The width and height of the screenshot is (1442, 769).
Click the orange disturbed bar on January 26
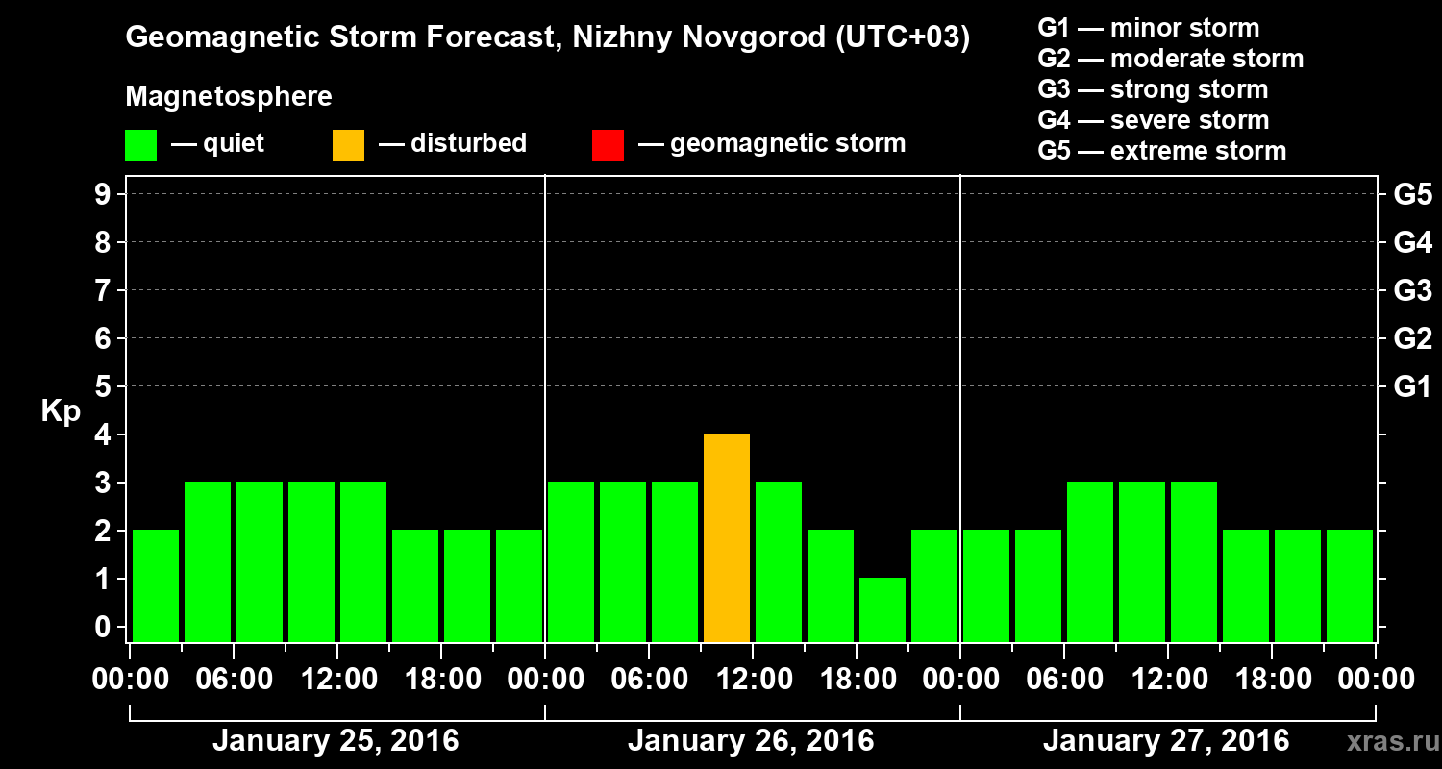click(727, 537)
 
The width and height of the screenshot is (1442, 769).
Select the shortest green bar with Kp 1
click(883, 609)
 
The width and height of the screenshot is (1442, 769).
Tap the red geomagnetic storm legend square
click(608, 144)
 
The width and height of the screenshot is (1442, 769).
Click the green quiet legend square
click(140, 144)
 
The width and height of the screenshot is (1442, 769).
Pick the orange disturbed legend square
click(348, 144)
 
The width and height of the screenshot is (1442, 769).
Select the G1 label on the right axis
click(1412, 386)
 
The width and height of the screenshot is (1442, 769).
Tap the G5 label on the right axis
click(1412, 194)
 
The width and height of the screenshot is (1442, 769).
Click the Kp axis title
click(61, 411)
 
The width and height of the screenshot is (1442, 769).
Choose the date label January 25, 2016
click(336, 741)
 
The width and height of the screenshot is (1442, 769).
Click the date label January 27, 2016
click(1166, 741)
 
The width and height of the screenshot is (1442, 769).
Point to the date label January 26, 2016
click(751, 741)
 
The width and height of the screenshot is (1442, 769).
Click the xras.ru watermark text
click(1387, 742)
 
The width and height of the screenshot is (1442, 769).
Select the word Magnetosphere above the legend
click(229, 97)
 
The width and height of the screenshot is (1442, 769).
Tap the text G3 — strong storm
click(1153, 89)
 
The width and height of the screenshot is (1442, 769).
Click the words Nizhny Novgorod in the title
click(683, 37)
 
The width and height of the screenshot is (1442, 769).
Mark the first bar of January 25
click(156, 585)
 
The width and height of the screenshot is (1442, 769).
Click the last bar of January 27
click(1350, 585)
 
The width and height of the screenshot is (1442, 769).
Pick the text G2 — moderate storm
click(1171, 59)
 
